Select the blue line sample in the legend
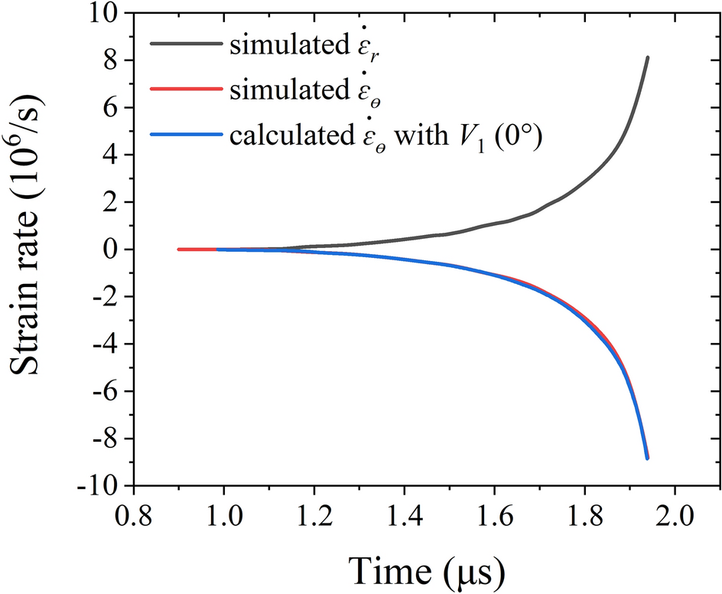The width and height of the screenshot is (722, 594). coord(186,136)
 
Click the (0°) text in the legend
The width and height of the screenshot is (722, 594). coord(519,137)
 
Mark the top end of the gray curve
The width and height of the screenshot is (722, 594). coord(648,57)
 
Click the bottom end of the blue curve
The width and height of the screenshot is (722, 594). coord(647,458)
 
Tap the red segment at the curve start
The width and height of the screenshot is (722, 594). coord(197,250)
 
